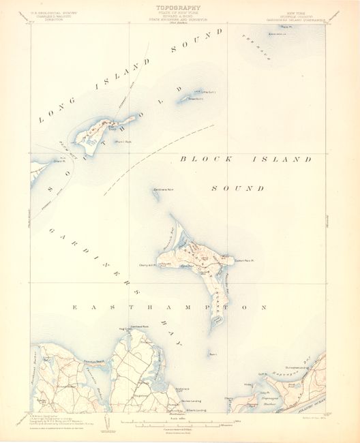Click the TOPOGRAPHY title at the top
(180, 6)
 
